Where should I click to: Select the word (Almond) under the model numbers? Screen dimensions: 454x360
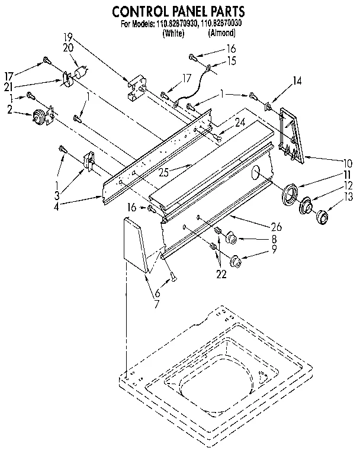click(x=222, y=34)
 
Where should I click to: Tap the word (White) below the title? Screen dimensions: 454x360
click(x=173, y=34)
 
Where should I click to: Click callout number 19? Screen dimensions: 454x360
click(x=67, y=37)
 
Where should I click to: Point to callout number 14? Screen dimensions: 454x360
click(x=297, y=81)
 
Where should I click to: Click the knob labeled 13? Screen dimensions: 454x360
click(x=323, y=216)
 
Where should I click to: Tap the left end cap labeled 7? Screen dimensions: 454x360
click(x=135, y=243)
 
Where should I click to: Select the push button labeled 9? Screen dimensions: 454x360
click(x=236, y=259)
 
